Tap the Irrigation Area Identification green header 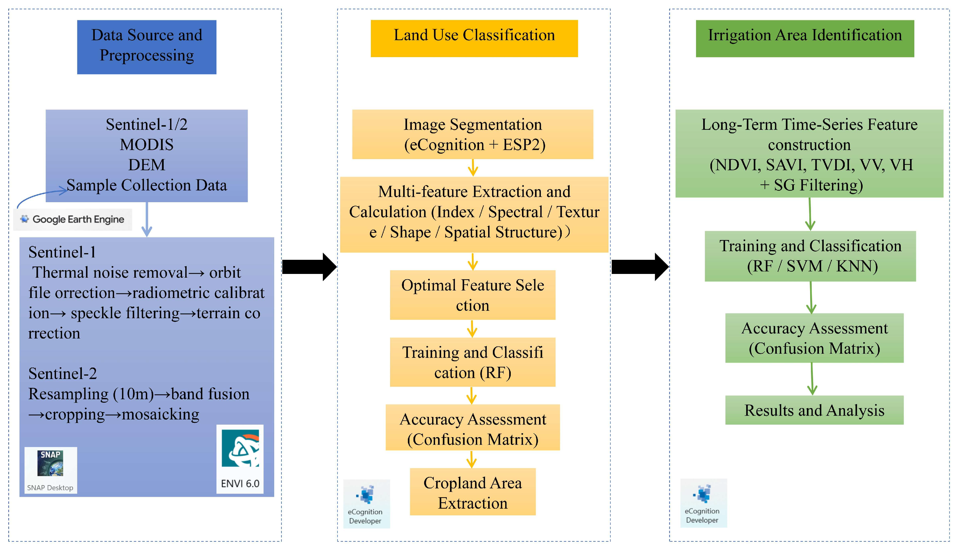[805, 38]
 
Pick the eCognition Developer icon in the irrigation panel [703, 503]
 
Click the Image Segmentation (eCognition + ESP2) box [472, 134]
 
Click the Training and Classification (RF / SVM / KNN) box [810, 256]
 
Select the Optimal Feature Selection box [472, 295]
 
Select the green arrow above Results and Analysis [812, 379]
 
